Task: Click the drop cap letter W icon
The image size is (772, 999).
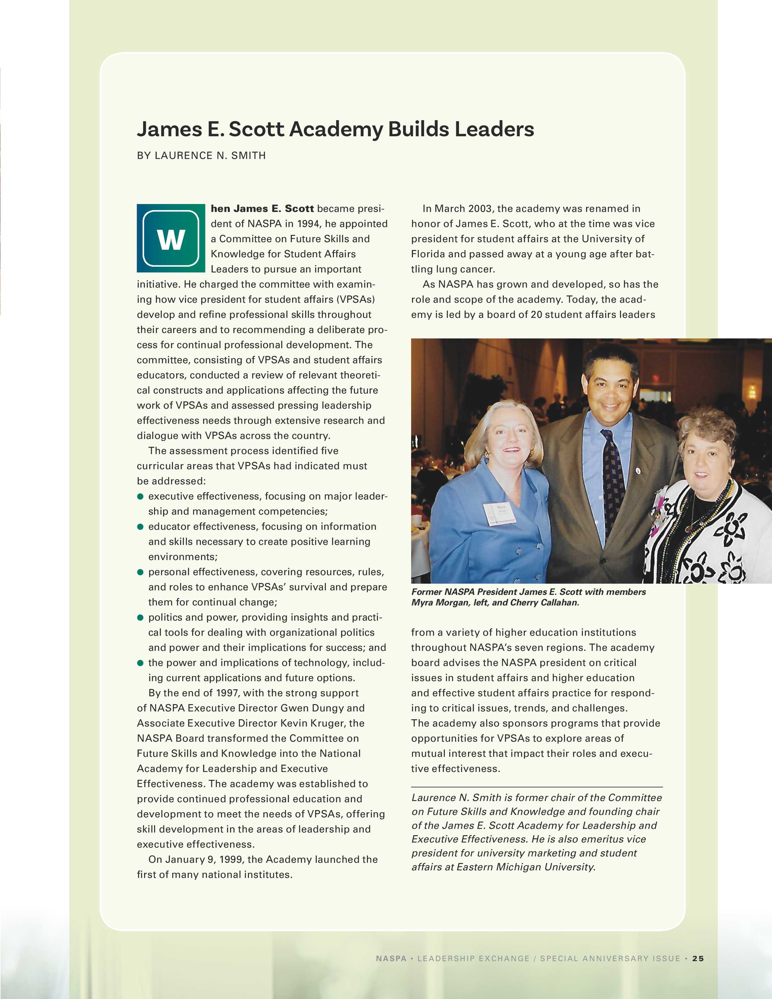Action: [171, 238]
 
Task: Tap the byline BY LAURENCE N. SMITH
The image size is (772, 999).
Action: [201, 155]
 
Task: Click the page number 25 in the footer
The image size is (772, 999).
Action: [698, 958]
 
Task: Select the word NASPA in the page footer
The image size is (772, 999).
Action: [391, 958]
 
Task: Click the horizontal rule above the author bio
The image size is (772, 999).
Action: [536, 787]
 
